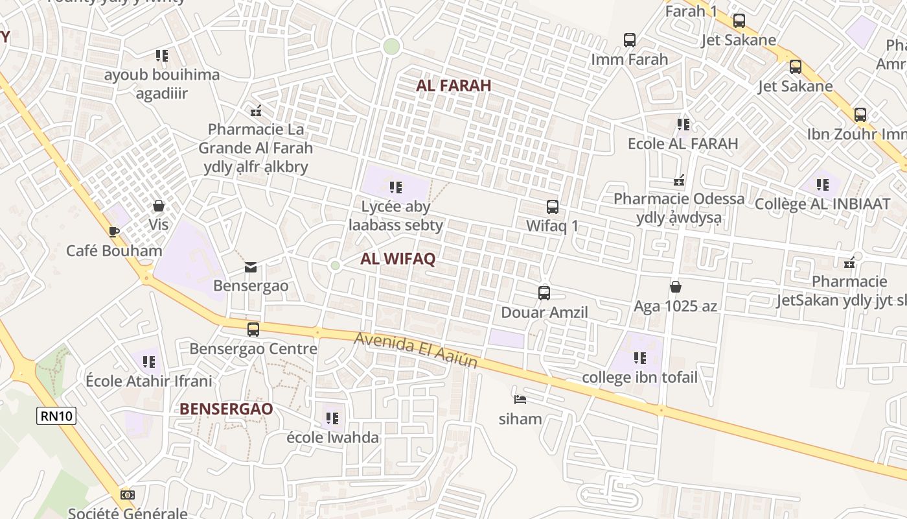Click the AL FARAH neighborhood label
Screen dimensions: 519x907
(x=454, y=85)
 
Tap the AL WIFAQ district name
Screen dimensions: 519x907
(x=398, y=259)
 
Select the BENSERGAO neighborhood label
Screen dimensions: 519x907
(x=226, y=409)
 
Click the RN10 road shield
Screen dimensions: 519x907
(x=56, y=416)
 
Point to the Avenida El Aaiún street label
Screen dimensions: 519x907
(x=416, y=351)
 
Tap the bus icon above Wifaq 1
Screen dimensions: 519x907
(x=552, y=207)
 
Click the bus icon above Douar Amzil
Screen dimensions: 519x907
(x=544, y=293)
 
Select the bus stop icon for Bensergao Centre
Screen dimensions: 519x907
(x=253, y=329)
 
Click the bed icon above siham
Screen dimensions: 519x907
(x=520, y=399)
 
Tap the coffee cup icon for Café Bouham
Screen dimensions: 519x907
(x=114, y=231)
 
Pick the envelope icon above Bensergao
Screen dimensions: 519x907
(x=251, y=267)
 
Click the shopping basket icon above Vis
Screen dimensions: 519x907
(x=159, y=206)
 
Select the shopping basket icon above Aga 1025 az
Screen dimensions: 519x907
(x=676, y=286)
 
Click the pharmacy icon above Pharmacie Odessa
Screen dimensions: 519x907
(x=679, y=179)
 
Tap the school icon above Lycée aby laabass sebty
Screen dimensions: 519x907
(x=396, y=187)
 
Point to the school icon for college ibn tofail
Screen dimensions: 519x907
(x=640, y=357)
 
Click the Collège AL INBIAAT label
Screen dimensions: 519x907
(x=823, y=204)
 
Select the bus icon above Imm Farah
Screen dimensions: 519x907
(x=629, y=40)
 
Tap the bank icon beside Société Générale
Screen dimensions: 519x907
(x=128, y=495)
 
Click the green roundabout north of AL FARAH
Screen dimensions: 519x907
(x=391, y=46)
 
